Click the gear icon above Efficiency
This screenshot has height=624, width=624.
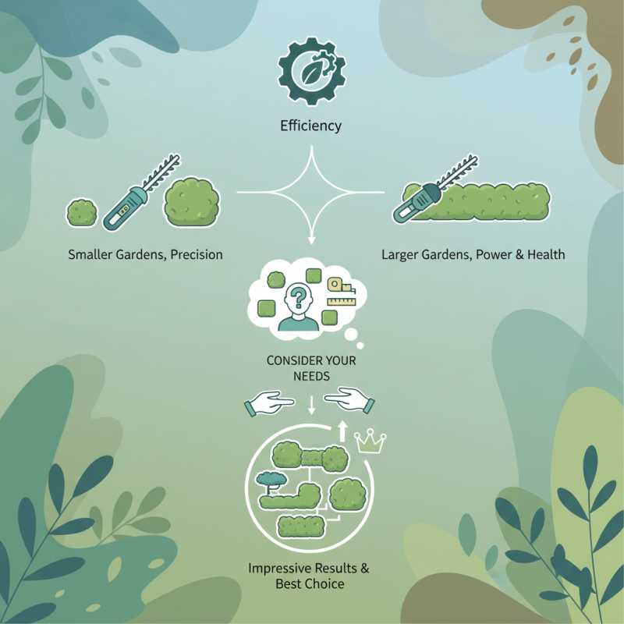coord(311,71)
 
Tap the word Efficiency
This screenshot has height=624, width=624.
coord(310,126)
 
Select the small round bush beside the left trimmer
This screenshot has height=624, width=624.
coord(82,213)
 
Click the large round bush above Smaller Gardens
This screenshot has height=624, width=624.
coord(192,202)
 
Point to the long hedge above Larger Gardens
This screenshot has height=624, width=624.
coord(477,201)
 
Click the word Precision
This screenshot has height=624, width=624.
coord(197,255)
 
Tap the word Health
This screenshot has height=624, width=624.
coord(546,255)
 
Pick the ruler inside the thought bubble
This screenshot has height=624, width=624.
coord(342,302)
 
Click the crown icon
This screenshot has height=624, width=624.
coord(370,441)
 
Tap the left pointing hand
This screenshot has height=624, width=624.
coord(269,402)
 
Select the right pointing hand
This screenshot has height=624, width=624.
coord(349,400)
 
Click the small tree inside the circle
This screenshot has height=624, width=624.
coord(271,482)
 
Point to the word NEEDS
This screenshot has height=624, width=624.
coord(311,376)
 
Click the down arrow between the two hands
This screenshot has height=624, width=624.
coord(311,405)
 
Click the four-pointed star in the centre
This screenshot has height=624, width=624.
coord(311,192)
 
